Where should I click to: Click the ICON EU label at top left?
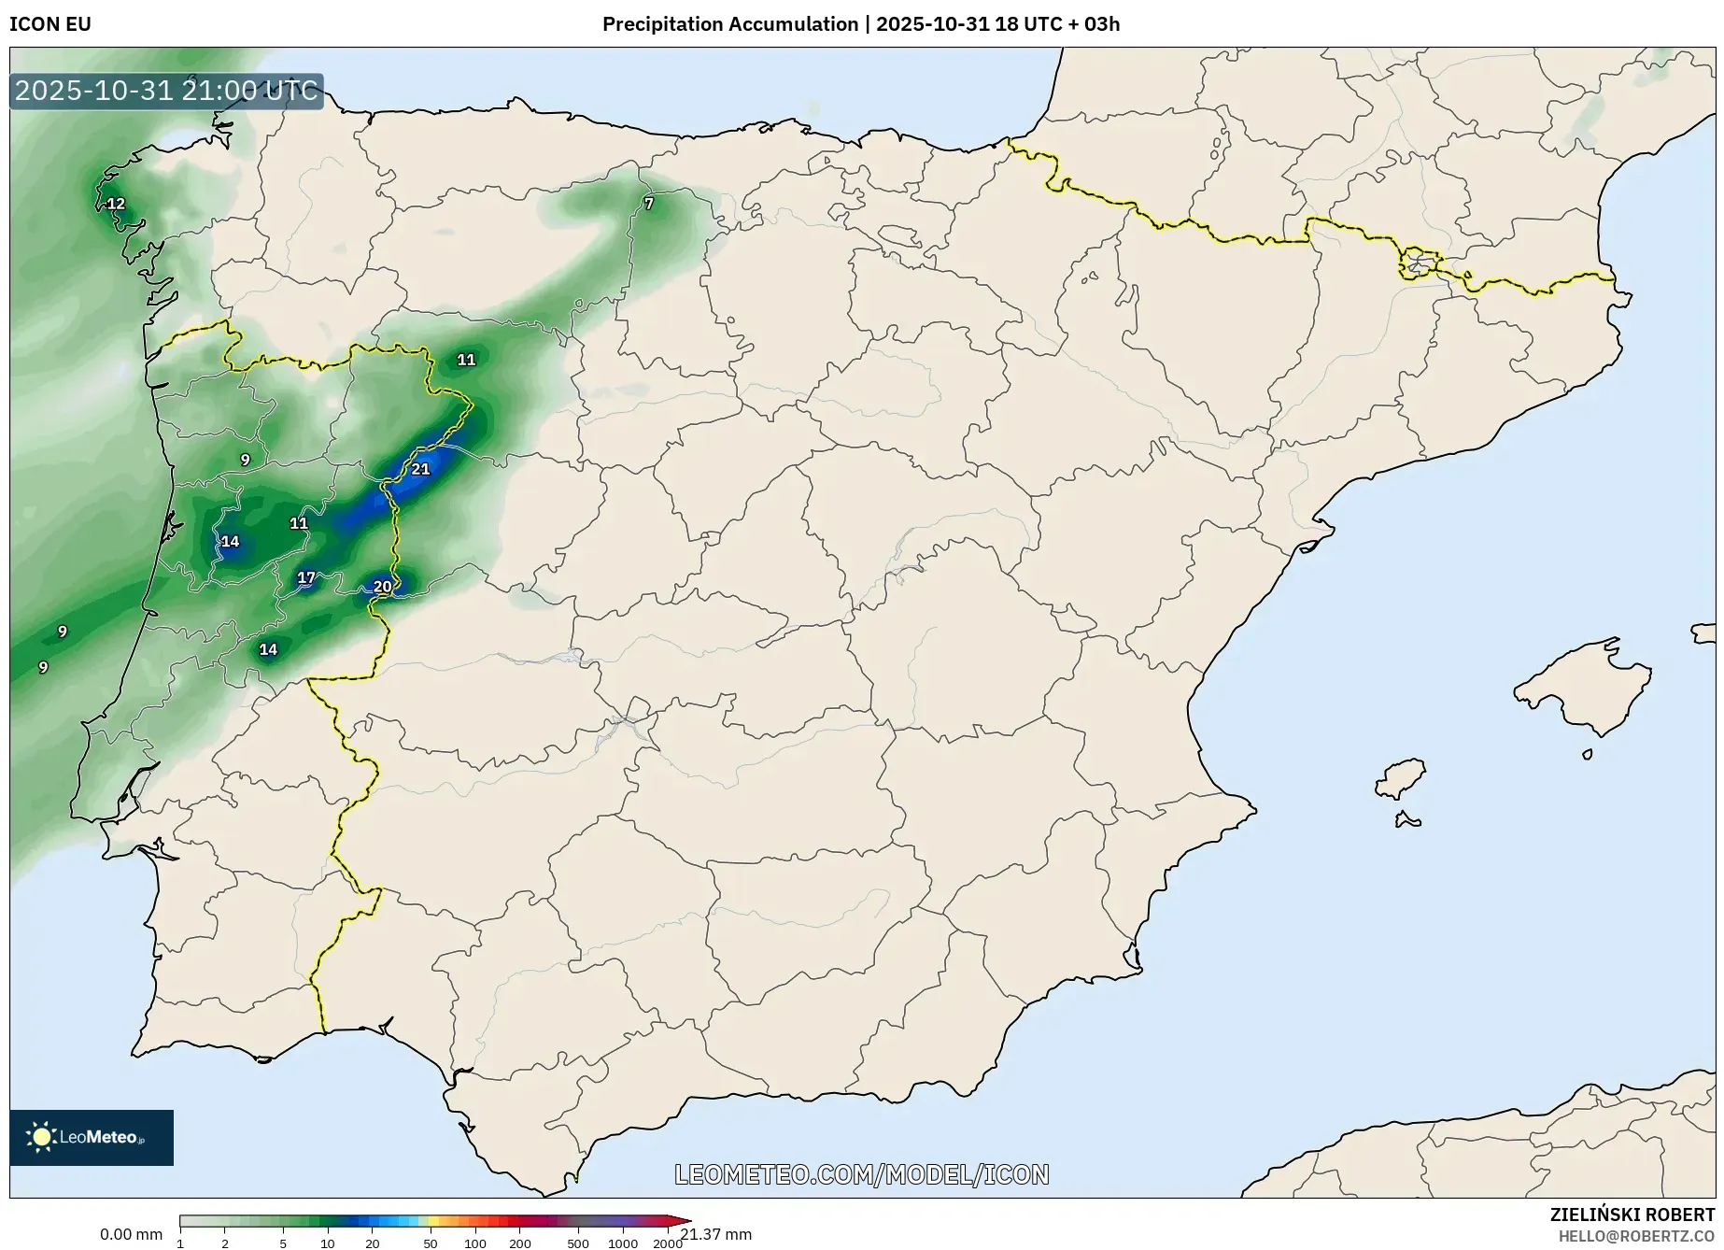pos(50,24)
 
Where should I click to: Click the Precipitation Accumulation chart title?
pos(860,24)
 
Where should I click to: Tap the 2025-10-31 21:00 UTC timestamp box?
pos(166,91)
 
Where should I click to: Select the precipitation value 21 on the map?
pos(420,469)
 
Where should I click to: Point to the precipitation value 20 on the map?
pos(382,587)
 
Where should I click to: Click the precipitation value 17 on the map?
pos(306,577)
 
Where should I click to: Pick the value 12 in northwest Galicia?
pos(116,204)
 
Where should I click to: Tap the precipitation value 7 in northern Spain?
pos(649,203)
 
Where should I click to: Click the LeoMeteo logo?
pos(92,1137)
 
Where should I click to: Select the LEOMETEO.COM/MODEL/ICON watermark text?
pos(861,1174)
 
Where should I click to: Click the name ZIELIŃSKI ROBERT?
pos(1632,1214)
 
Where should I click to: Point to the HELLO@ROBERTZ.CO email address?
pos(1636,1236)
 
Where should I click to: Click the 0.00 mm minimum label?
pos(131,1234)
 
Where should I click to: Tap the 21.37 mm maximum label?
pos(716,1234)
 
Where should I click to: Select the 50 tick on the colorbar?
pos(430,1243)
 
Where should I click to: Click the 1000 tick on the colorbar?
pos(623,1243)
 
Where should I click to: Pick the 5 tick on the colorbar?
pos(283,1243)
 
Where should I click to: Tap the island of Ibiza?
pos(1402,778)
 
